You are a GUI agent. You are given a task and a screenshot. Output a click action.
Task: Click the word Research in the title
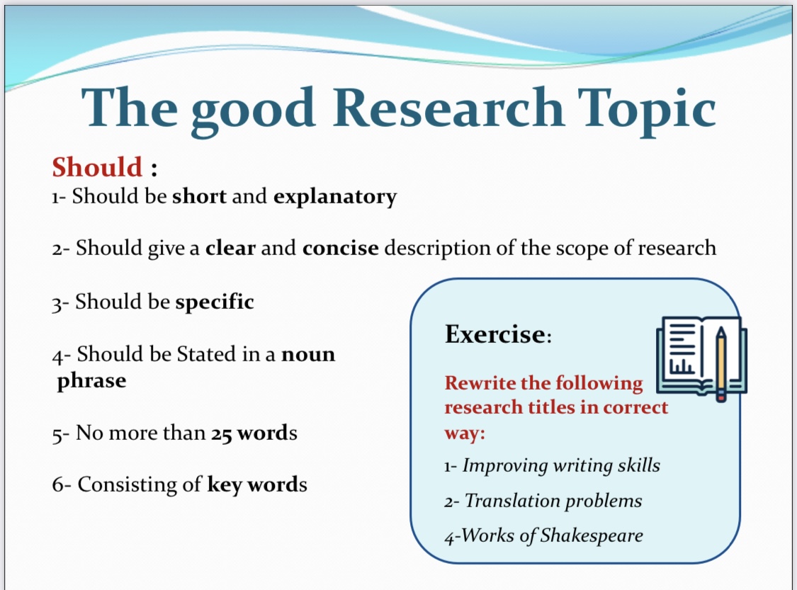[448, 107]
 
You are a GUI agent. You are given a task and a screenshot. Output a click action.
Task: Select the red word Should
[97, 167]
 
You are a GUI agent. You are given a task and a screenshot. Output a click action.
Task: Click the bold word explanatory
[335, 197]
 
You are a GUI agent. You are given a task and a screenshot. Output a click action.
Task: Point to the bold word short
[199, 196]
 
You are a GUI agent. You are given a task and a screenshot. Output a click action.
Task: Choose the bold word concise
[341, 248]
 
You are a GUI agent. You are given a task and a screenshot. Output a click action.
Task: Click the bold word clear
[230, 247]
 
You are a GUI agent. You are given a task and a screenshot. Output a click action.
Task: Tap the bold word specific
[215, 302]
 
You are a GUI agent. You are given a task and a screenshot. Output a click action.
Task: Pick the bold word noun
[309, 354]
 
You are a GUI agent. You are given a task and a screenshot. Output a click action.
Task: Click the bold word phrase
[91, 380]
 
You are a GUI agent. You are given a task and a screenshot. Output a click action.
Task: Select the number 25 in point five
[222, 433]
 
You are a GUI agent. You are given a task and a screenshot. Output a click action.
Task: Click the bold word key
[225, 484]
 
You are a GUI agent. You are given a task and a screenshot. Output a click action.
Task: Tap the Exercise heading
[498, 334]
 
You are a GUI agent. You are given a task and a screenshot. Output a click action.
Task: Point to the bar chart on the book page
[681, 366]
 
